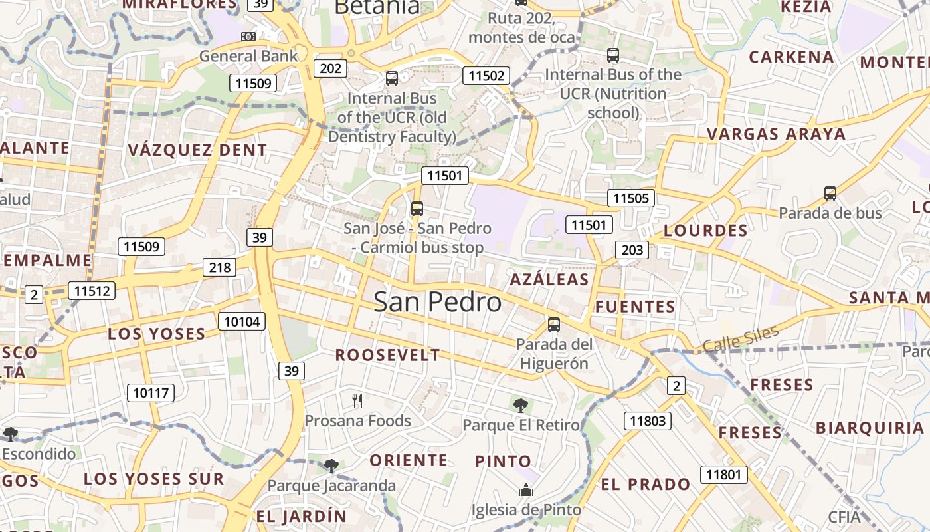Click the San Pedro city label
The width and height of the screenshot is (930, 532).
(x=437, y=302)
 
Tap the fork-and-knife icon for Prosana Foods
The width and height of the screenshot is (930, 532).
(x=357, y=400)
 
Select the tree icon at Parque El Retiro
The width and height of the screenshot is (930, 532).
(x=521, y=405)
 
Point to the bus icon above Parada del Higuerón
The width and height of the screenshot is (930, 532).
(x=554, y=325)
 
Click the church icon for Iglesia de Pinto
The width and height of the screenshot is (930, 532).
(x=526, y=491)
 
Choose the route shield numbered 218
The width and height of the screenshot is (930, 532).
(x=219, y=267)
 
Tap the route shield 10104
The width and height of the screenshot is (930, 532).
(x=242, y=322)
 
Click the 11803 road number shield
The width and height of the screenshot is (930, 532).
(x=647, y=420)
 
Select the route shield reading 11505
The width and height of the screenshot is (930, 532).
(x=630, y=198)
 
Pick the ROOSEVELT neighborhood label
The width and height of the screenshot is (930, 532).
(x=387, y=355)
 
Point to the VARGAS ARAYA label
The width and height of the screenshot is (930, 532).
(x=776, y=134)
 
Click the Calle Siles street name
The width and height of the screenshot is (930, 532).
(x=740, y=340)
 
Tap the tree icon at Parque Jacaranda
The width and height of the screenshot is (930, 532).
(x=331, y=465)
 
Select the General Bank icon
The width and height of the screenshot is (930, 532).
(x=248, y=36)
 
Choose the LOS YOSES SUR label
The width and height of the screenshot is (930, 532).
(x=153, y=479)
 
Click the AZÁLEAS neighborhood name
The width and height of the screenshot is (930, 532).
(x=549, y=279)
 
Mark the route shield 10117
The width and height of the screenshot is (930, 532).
(x=151, y=393)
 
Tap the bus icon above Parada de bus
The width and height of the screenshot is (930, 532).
(x=830, y=194)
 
